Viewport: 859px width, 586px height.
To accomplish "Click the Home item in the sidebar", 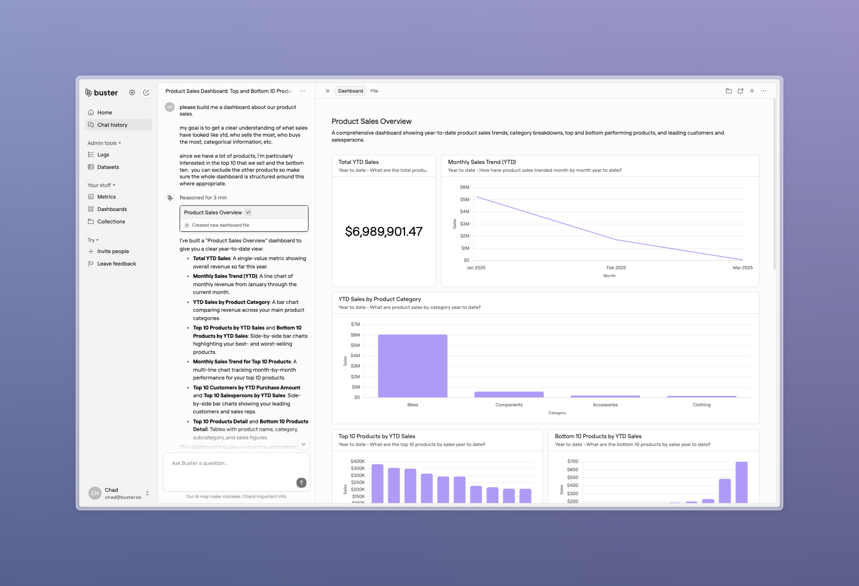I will (105, 112).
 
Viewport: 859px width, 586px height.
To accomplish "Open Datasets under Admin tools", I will (108, 167).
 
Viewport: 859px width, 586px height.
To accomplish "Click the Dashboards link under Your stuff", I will (112, 209).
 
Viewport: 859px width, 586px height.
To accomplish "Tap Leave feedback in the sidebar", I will (116, 264).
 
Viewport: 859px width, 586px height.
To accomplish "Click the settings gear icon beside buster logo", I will (132, 93).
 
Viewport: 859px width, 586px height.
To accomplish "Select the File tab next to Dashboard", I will (374, 91).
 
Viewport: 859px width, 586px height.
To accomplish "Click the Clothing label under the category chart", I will (701, 405).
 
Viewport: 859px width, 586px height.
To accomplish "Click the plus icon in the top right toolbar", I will (752, 91).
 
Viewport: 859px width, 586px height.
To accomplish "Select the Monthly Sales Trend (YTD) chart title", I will (482, 162).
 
